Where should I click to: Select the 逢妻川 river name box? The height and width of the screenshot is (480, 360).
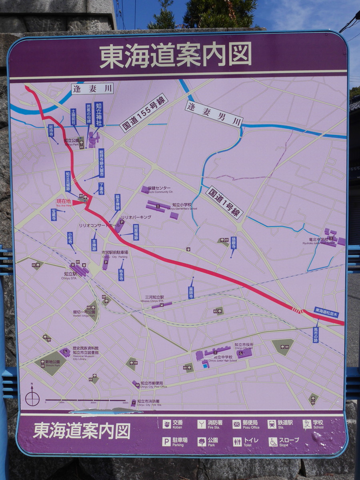pos(92,88)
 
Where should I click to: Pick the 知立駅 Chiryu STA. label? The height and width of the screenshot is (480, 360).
pos(70,275)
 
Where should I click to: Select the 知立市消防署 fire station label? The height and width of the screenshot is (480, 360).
pos(149,402)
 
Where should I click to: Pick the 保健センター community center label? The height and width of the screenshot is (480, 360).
pos(159,188)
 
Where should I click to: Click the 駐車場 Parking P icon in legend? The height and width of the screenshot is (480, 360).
pos(166,441)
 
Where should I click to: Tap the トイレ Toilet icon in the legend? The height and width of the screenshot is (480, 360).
pos(237,442)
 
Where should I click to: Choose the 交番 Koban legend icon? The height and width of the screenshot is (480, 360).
pos(167,424)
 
